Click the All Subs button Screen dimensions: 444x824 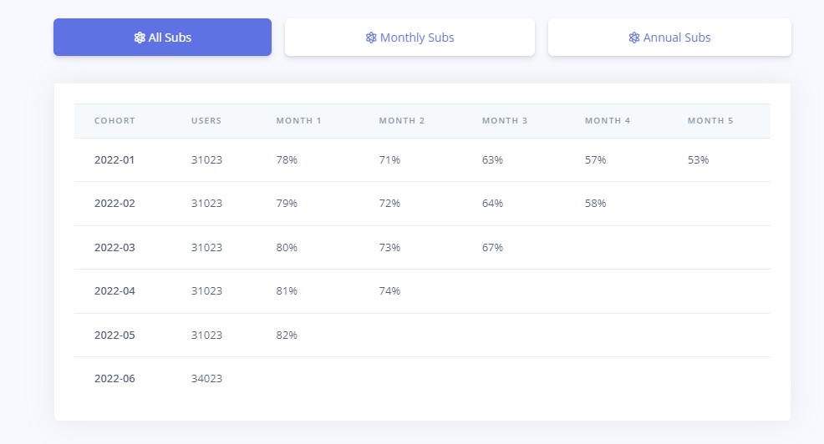[162, 38]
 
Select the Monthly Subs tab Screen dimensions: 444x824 [409, 38]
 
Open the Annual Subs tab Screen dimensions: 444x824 [669, 38]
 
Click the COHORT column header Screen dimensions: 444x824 [114, 121]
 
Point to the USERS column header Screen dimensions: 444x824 [206, 121]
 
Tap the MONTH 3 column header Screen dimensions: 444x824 [505, 121]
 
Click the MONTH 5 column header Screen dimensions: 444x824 [710, 121]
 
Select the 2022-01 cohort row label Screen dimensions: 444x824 [114, 159]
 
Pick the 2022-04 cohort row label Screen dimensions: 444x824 [114, 291]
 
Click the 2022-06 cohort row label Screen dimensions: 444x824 [114, 379]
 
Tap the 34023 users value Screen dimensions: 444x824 [206, 379]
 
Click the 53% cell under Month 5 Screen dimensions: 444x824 [698, 159]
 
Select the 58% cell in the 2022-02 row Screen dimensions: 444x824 [595, 204]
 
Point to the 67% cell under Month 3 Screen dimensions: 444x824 [492, 248]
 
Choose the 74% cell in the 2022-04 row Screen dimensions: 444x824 [389, 291]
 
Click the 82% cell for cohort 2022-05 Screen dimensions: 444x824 [287, 336]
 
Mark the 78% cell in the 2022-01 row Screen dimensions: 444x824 [287, 159]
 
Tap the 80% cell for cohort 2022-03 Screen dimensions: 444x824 [287, 248]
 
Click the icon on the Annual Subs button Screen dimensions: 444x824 [634, 38]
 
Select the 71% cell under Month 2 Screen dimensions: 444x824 [389, 159]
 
